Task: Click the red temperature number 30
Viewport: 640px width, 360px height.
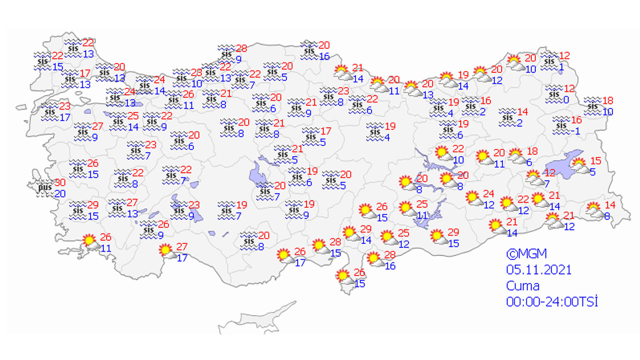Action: click(60, 183)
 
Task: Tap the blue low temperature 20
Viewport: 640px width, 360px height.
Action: click(59, 194)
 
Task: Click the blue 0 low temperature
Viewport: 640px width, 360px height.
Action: click(566, 99)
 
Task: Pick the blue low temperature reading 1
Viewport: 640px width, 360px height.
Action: click(562, 67)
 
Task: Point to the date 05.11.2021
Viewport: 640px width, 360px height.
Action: click(538, 270)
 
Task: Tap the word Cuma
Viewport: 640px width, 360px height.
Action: click(522, 286)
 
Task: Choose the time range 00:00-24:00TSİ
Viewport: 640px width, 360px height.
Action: click(552, 301)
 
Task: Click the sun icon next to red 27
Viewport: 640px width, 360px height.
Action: click(166, 251)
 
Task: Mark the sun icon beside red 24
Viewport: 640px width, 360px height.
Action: click(473, 198)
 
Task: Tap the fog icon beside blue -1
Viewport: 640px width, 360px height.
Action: click(560, 124)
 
